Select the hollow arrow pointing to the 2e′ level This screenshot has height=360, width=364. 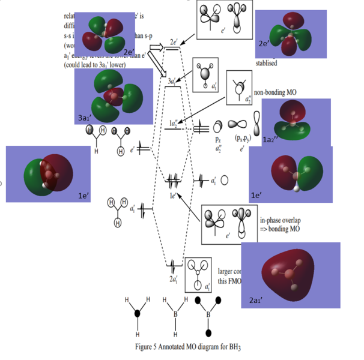157,47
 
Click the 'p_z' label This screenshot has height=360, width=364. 218,139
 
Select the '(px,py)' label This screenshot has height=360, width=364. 243,139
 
